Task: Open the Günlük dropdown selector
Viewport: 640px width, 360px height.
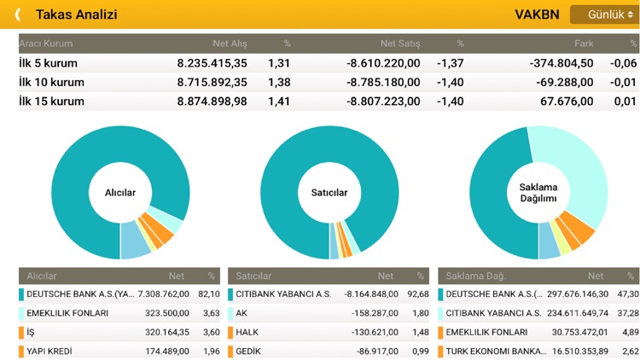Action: point(604,15)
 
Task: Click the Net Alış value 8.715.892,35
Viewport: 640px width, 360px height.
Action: point(212,82)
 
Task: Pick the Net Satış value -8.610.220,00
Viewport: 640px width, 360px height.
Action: point(383,62)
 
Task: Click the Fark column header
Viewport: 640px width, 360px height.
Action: point(584,43)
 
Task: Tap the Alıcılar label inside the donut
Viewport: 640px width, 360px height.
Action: point(120,193)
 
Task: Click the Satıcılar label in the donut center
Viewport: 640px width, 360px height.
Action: point(329,193)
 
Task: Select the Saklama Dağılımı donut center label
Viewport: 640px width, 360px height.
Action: point(538,193)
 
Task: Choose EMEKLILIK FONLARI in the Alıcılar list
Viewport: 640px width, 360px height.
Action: point(67,313)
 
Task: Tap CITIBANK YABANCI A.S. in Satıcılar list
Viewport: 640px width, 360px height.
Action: point(283,294)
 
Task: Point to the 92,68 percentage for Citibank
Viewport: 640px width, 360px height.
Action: point(417,294)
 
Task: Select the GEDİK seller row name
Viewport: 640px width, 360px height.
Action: point(249,351)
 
